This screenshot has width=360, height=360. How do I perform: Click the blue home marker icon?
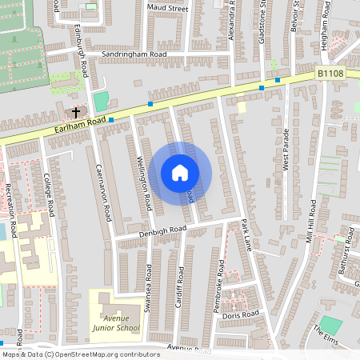pos(180,172)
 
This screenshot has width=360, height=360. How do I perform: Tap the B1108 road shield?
pos(330,73)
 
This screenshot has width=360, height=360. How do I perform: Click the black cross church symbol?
pos(77,113)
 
